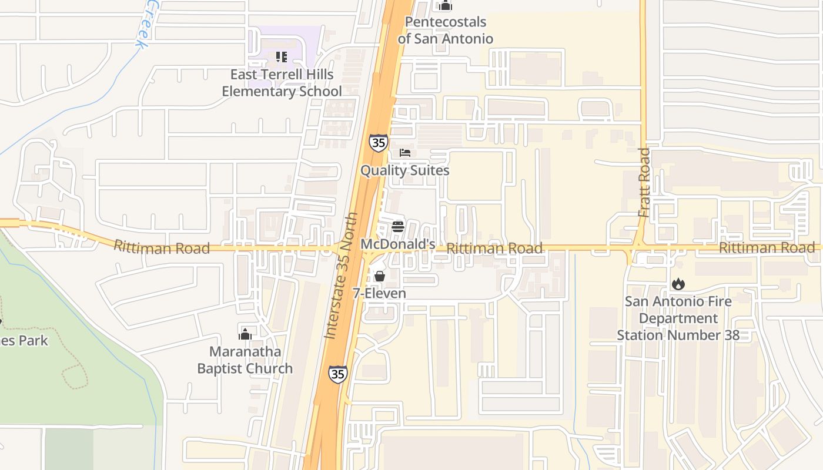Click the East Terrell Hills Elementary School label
pyautogui.click(x=282, y=83)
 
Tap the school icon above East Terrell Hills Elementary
pyautogui.click(x=282, y=57)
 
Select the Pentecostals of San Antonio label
pyautogui.click(x=445, y=31)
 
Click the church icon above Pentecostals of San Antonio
pyautogui.click(x=445, y=6)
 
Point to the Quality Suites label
pyautogui.click(x=404, y=170)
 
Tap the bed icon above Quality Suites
pyautogui.click(x=404, y=153)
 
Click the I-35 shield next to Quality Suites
pyautogui.click(x=379, y=143)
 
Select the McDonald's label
pyautogui.click(x=397, y=244)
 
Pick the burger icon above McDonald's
pyautogui.click(x=398, y=227)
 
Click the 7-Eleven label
pyautogui.click(x=379, y=293)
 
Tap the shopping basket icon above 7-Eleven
pyautogui.click(x=379, y=276)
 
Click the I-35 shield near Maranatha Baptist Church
pyautogui.click(x=337, y=374)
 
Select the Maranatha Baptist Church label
pyautogui.click(x=245, y=360)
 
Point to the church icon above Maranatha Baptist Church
pyautogui.click(x=245, y=334)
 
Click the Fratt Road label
pyautogui.click(x=644, y=182)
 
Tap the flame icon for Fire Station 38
pyautogui.click(x=678, y=284)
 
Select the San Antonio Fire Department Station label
pyautogui.click(x=678, y=318)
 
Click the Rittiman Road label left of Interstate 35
pyautogui.click(x=162, y=247)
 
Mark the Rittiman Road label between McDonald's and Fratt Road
pyautogui.click(x=494, y=249)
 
